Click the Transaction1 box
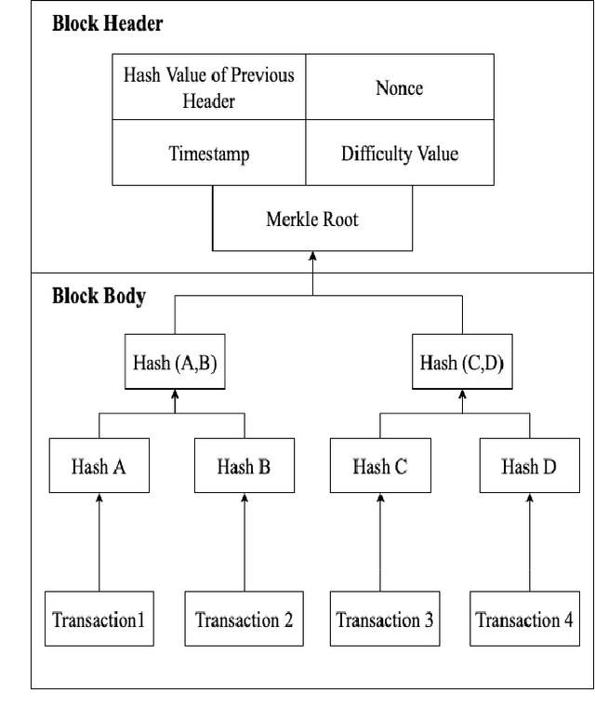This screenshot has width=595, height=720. click(x=99, y=619)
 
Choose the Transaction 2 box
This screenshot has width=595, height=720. click(x=244, y=619)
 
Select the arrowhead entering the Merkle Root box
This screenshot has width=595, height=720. click(x=312, y=256)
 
